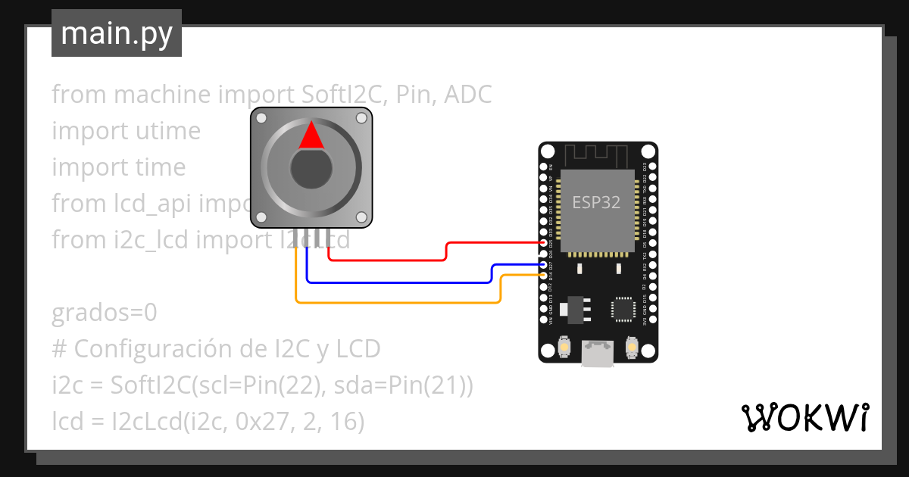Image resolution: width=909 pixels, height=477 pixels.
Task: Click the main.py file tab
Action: (x=117, y=33)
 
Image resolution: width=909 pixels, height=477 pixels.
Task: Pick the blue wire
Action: (x=394, y=282)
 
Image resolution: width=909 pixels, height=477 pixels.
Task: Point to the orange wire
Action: (x=394, y=303)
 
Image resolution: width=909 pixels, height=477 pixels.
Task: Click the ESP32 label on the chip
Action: (x=596, y=203)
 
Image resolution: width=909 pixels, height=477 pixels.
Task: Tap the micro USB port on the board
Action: (x=598, y=353)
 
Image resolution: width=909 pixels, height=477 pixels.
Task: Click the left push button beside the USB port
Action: (x=564, y=348)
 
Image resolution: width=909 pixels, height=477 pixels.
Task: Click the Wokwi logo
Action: (x=804, y=417)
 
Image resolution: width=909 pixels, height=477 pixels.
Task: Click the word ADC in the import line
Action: (x=467, y=95)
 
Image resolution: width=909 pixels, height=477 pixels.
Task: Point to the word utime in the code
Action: (x=166, y=131)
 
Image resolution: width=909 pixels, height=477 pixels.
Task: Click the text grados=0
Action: (x=105, y=313)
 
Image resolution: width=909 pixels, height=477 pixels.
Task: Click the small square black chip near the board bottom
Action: (x=623, y=308)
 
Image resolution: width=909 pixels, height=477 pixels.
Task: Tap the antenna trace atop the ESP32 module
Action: (x=598, y=155)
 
